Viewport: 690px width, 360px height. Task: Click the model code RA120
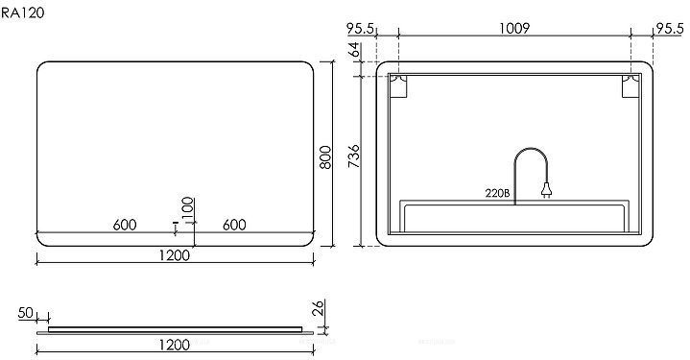[x=22, y=12]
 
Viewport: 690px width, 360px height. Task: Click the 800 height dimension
[x=325, y=157]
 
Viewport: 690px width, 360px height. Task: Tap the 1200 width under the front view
[x=175, y=255]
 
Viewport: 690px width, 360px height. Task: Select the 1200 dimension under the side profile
[x=175, y=345]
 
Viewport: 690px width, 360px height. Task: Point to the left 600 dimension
[x=125, y=225]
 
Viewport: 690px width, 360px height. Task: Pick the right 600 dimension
[x=234, y=225]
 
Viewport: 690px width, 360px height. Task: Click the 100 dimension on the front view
[x=188, y=208]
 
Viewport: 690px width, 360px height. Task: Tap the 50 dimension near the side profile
[x=26, y=313]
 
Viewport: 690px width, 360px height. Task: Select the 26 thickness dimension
[x=319, y=308]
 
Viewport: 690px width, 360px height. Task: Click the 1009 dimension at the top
[x=514, y=28]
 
